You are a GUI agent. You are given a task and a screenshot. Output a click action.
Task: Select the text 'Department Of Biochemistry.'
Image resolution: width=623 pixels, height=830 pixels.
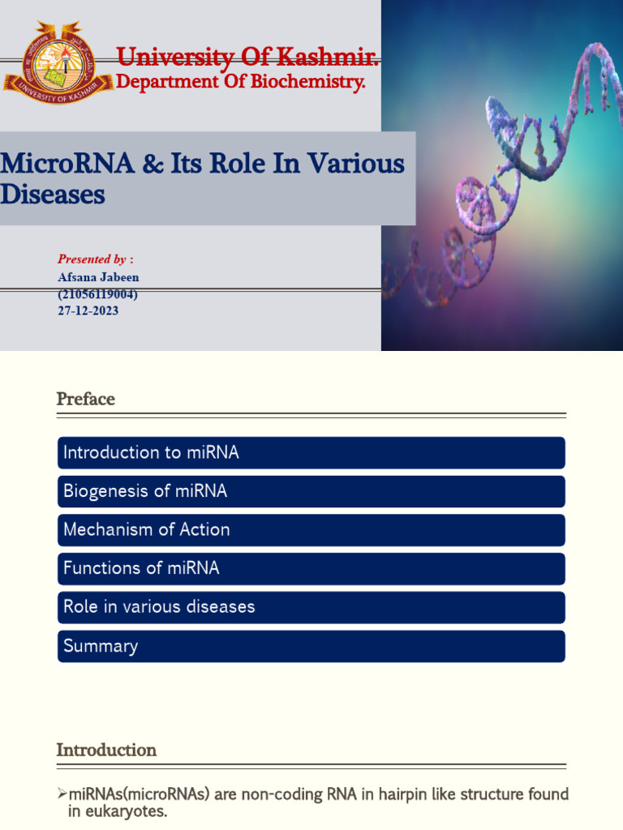coord(241,82)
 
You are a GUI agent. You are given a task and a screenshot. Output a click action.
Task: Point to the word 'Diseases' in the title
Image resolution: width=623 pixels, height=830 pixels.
coord(53,195)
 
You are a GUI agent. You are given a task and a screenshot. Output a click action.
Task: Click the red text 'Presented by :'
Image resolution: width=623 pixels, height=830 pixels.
coord(95,259)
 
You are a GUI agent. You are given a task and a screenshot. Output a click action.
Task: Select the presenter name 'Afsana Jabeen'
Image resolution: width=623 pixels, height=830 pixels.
coord(98,277)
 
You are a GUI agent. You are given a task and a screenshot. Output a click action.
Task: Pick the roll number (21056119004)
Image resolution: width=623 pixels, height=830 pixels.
coord(97,294)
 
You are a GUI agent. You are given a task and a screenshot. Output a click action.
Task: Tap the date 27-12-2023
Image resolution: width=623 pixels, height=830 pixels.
coord(88,310)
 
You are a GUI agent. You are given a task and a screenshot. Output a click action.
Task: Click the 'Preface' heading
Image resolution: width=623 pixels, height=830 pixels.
coord(85,399)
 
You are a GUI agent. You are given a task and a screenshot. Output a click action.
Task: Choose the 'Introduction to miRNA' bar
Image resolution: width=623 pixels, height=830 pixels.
coord(311,452)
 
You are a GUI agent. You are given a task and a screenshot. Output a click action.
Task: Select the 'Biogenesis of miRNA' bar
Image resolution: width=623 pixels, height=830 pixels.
coord(311,491)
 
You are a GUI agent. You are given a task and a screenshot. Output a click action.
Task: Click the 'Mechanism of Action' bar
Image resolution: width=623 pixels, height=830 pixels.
coord(311,529)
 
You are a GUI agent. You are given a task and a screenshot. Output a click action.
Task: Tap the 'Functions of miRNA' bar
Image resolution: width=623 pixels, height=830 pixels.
coord(311,568)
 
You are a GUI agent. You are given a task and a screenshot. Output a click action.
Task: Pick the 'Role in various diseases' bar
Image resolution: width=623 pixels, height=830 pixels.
coord(311,607)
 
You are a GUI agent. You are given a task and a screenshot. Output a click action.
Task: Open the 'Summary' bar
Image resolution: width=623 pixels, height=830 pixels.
coord(311,646)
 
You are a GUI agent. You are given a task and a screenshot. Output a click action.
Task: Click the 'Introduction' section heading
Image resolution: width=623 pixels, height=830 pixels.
coord(106,750)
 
